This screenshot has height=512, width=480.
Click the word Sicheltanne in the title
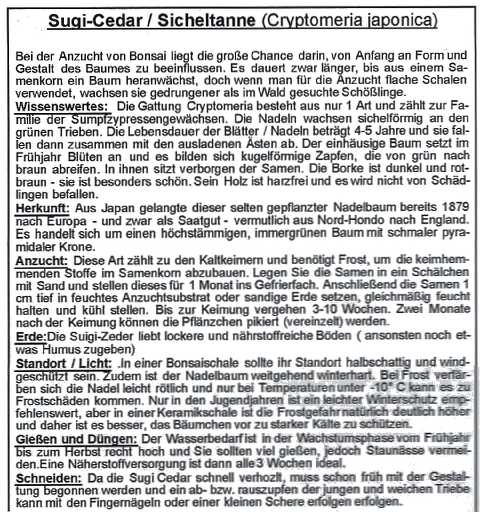pos(206,21)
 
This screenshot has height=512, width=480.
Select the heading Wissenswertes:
pos(62,106)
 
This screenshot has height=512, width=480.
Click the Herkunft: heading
pos(42,208)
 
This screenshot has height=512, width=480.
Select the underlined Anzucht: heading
pos(42,261)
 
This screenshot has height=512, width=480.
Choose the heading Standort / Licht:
pos(64,364)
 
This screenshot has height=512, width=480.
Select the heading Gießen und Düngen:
pos(76,439)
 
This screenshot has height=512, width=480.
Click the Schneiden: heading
pos(49,478)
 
